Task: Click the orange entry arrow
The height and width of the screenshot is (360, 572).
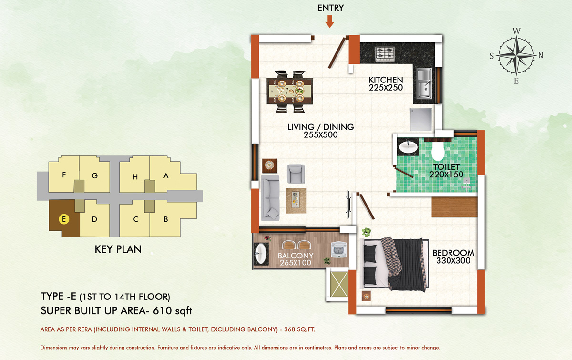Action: (x=330, y=21)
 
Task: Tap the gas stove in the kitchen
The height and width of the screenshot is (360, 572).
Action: (x=385, y=54)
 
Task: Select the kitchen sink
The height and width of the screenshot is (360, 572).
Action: (x=424, y=83)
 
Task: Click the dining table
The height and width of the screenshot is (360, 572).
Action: (x=290, y=91)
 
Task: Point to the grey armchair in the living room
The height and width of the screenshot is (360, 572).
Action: (x=296, y=174)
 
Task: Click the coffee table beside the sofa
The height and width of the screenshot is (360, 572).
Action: (x=296, y=201)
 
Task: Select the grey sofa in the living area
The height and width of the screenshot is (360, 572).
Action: (x=270, y=198)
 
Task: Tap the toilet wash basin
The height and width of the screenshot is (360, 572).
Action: (x=408, y=147)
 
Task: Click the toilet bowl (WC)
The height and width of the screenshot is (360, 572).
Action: (x=438, y=149)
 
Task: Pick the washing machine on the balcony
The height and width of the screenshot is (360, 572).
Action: (x=338, y=250)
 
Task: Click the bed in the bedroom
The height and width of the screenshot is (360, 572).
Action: (x=395, y=264)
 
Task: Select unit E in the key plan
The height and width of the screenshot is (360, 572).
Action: (x=64, y=219)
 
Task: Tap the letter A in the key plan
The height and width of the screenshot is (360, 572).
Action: (x=166, y=175)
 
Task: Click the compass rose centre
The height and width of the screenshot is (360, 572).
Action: (x=516, y=55)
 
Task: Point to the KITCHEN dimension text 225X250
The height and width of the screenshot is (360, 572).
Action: (x=386, y=88)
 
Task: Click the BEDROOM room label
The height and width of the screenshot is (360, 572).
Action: (x=453, y=253)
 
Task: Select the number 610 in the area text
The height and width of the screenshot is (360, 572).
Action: (x=163, y=311)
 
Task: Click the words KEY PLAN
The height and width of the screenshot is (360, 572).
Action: (x=118, y=249)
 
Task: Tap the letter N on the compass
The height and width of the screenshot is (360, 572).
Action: (x=541, y=55)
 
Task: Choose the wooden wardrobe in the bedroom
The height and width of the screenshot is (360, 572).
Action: (x=454, y=207)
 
